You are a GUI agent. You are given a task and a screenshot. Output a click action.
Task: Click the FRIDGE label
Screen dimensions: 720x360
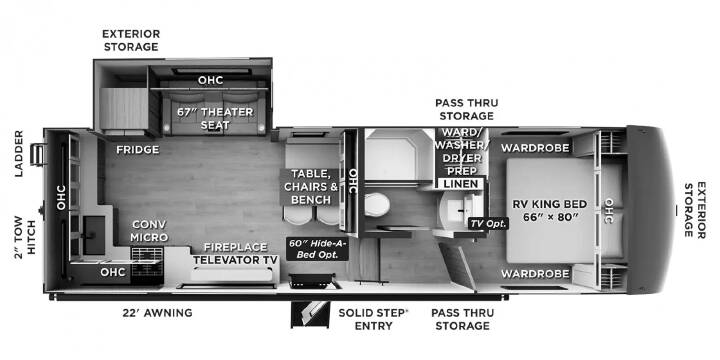point(137,149)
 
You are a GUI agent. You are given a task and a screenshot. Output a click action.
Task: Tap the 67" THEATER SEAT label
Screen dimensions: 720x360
point(215,118)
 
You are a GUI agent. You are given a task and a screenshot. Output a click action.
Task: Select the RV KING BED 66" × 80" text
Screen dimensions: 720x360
point(549,210)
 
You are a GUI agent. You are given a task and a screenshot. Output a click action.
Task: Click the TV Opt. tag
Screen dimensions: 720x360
point(488,224)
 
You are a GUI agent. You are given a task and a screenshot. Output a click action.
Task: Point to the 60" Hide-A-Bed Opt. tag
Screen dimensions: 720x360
point(317,248)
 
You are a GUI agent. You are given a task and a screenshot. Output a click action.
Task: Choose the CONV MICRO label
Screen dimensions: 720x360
point(149,231)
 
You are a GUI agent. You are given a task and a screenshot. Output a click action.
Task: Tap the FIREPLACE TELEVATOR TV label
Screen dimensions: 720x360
point(236,253)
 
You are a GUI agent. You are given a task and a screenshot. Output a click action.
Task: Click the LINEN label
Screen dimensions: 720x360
point(460,184)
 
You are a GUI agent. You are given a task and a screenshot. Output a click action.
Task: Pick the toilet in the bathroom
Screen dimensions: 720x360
point(377,204)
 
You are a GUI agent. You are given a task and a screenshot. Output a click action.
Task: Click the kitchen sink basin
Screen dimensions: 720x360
point(95,235)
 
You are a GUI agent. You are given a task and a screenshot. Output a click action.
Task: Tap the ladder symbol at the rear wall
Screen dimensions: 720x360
point(38,154)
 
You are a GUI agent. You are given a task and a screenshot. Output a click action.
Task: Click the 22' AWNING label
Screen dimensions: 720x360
point(158,313)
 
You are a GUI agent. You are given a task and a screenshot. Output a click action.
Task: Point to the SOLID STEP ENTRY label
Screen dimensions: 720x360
point(373,320)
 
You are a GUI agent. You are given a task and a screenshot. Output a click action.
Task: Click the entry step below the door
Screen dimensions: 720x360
point(310,314)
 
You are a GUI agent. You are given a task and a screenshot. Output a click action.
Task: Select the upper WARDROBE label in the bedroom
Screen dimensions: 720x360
point(535,148)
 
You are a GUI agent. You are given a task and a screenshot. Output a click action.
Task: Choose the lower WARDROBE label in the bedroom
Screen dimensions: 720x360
point(535,274)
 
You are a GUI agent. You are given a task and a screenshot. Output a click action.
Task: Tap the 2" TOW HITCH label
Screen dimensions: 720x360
point(24,237)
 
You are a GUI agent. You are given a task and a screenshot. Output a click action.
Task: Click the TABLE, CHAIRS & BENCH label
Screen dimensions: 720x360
point(310,186)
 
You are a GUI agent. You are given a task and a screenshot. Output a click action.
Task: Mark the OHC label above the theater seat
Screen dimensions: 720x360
point(210,80)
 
